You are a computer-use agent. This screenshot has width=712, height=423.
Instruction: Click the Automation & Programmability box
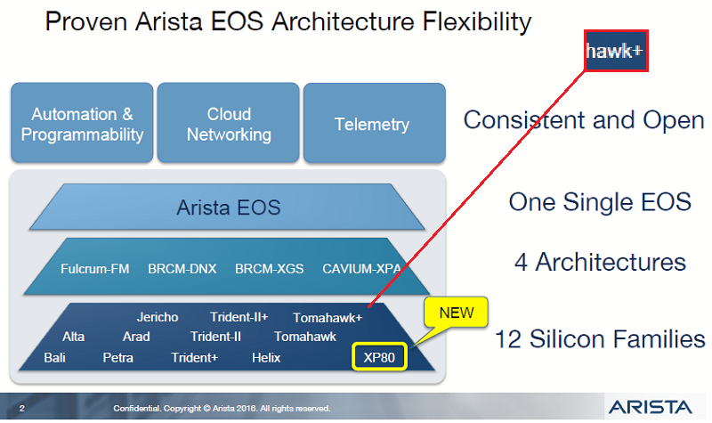pos(82,125)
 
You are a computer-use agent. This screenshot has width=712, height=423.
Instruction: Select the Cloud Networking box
pos(229,125)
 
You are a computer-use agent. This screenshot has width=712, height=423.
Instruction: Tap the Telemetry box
pos(372,125)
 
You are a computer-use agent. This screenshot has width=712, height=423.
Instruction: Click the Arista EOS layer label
pos(228,208)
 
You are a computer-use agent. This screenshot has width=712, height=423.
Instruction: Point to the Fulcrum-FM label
pos(96,268)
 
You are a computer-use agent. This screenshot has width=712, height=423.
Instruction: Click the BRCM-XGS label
pos(269,268)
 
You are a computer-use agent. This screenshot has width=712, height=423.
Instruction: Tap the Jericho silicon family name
pos(158,317)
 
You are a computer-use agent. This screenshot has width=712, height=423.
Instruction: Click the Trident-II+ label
pos(239,317)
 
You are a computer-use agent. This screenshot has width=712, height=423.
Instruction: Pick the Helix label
pos(265,358)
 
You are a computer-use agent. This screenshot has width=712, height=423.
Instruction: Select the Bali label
pos(54,358)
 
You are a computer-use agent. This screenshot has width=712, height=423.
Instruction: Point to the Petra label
pos(118,358)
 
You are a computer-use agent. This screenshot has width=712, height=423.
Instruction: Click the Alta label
pos(74,337)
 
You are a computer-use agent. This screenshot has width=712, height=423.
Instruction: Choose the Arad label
pos(136,337)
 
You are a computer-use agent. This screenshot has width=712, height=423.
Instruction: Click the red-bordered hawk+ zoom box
pos(614,52)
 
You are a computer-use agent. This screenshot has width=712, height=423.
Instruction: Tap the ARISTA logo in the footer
pos(649,407)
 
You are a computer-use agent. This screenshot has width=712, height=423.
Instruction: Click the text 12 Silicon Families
pos(600,339)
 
